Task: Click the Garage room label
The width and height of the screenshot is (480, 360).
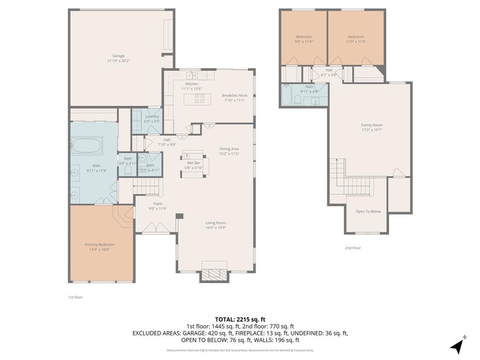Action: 118,56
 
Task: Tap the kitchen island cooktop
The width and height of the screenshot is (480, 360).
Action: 199,98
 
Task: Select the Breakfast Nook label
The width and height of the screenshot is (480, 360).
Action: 234,95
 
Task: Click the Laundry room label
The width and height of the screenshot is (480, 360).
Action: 152,116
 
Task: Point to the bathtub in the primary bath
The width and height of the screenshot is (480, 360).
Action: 87,145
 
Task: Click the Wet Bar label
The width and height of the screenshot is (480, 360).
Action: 194,163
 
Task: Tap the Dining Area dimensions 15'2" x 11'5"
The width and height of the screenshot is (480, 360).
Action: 229,154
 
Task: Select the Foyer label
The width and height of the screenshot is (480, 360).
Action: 158,203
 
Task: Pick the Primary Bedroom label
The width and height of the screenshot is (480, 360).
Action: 99,244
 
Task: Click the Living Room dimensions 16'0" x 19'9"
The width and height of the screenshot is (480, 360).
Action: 216,228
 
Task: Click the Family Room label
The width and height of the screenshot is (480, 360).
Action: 372,125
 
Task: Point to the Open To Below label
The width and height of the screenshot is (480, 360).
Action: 368,211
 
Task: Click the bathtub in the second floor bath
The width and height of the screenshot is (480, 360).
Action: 287,95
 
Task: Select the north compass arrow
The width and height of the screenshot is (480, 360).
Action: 457,345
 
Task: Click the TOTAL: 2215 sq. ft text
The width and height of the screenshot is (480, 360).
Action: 240,319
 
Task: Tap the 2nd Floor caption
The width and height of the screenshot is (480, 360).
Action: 353,248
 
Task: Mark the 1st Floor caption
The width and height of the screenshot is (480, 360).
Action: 75,297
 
